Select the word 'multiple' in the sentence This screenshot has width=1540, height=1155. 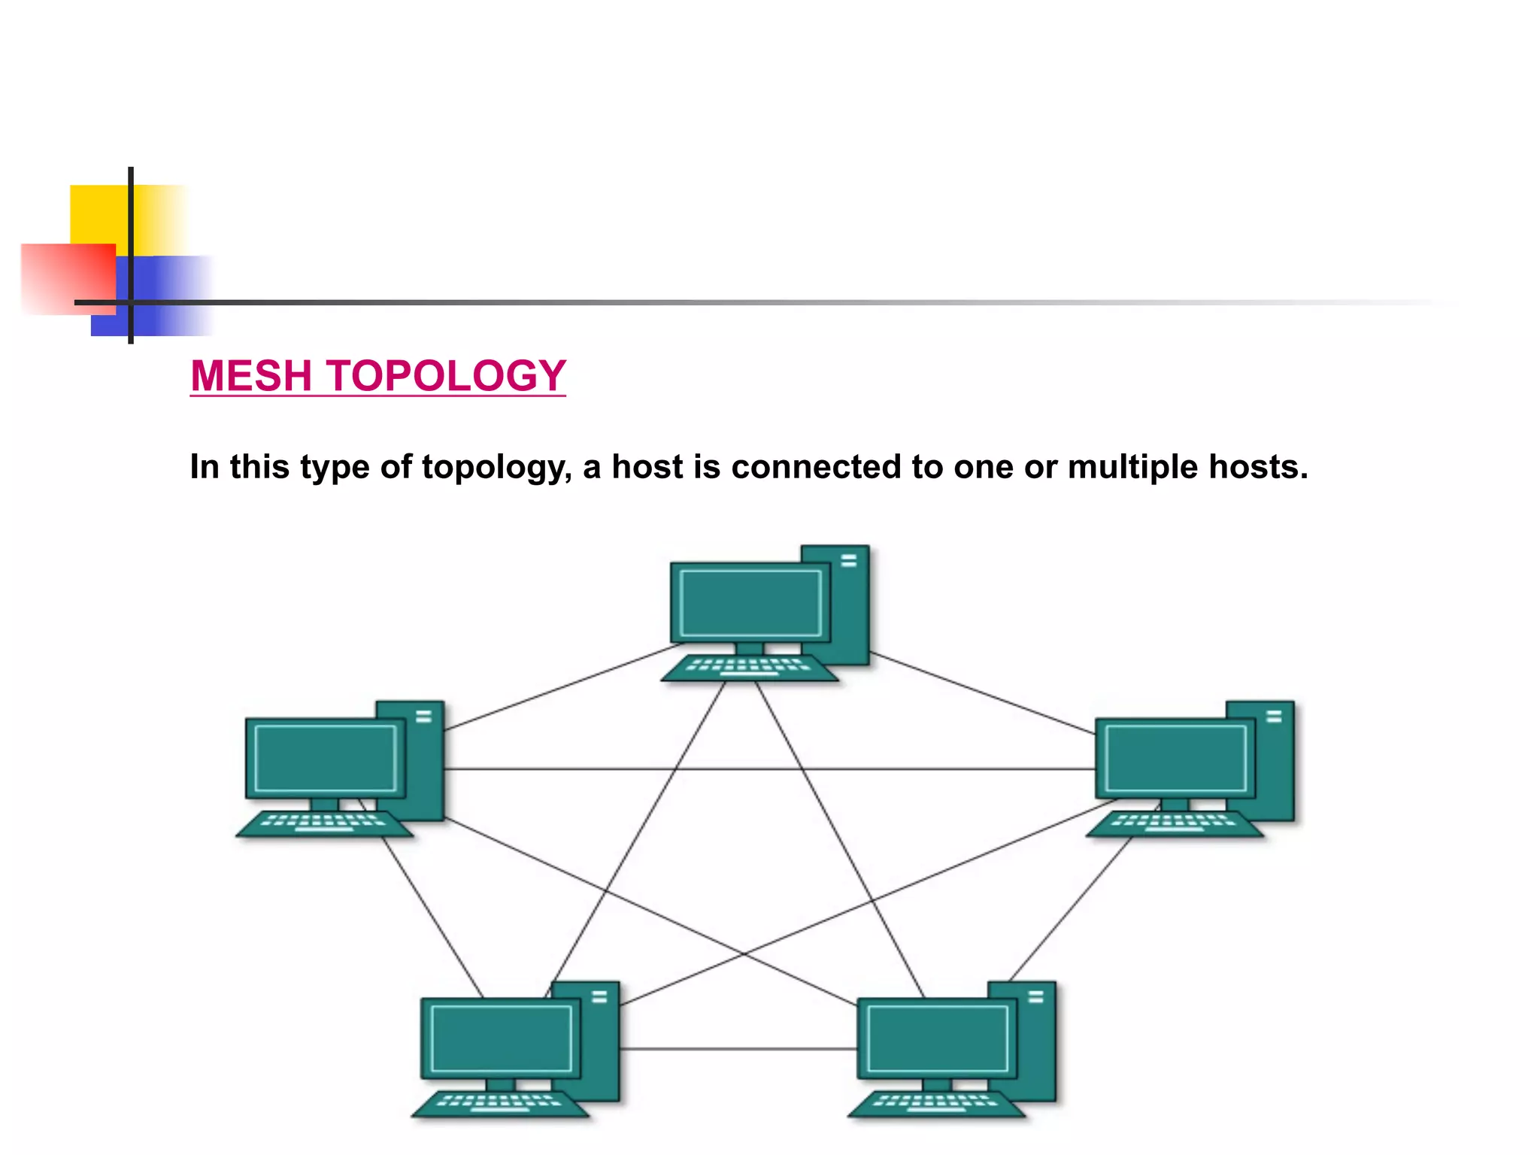(1132, 467)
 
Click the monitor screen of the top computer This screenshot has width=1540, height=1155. (750, 602)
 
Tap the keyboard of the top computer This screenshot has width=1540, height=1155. (749, 668)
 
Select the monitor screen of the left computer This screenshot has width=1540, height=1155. (325, 758)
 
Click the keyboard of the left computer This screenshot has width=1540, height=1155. (324, 823)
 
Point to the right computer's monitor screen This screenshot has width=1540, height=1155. (1175, 758)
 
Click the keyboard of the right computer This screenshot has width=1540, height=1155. (1174, 823)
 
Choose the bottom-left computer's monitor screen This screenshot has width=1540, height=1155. (500, 1038)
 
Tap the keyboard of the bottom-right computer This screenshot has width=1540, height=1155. (936, 1104)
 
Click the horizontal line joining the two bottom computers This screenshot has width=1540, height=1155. (737, 1049)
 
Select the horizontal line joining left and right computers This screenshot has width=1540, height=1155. (767, 769)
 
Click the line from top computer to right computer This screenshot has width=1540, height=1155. (981, 693)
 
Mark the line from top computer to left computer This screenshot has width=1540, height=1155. (564, 687)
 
